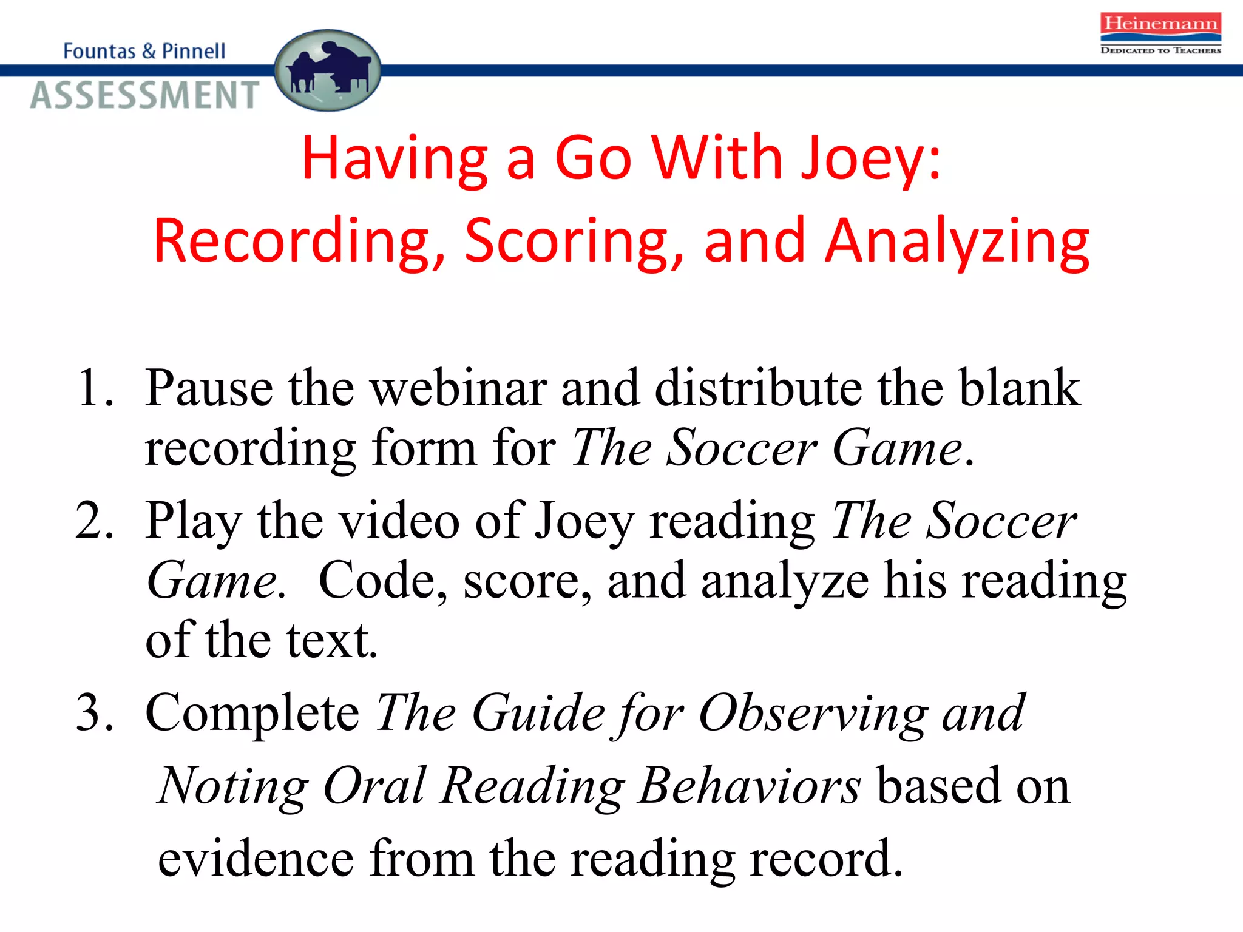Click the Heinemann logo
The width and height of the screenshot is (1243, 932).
coord(1160,33)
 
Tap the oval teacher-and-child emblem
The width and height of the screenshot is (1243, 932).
coord(328,70)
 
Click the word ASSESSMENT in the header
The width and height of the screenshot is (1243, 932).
coord(145,95)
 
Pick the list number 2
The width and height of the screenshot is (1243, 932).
coord(94,521)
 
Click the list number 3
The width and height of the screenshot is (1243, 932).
coord(95,712)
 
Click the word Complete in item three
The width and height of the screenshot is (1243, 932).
coord(252,714)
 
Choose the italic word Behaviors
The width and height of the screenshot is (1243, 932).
coord(750,786)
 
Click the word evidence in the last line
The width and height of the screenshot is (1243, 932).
coord(256,859)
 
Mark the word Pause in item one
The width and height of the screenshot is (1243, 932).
coord(209,388)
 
